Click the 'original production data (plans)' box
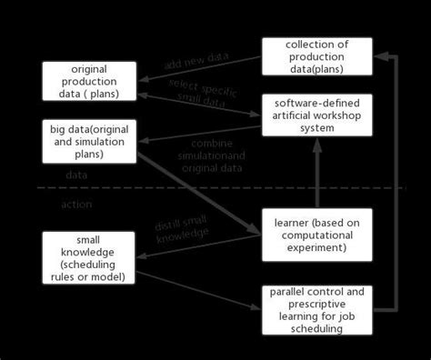pyautogui.click(x=89, y=81)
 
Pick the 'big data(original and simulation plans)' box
pyautogui.click(x=89, y=141)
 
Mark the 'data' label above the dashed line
pyautogui.click(x=76, y=174)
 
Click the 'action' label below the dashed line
pyautogui.click(x=76, y=205)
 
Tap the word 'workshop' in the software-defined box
pyautogui.click(x=333, y=114)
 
